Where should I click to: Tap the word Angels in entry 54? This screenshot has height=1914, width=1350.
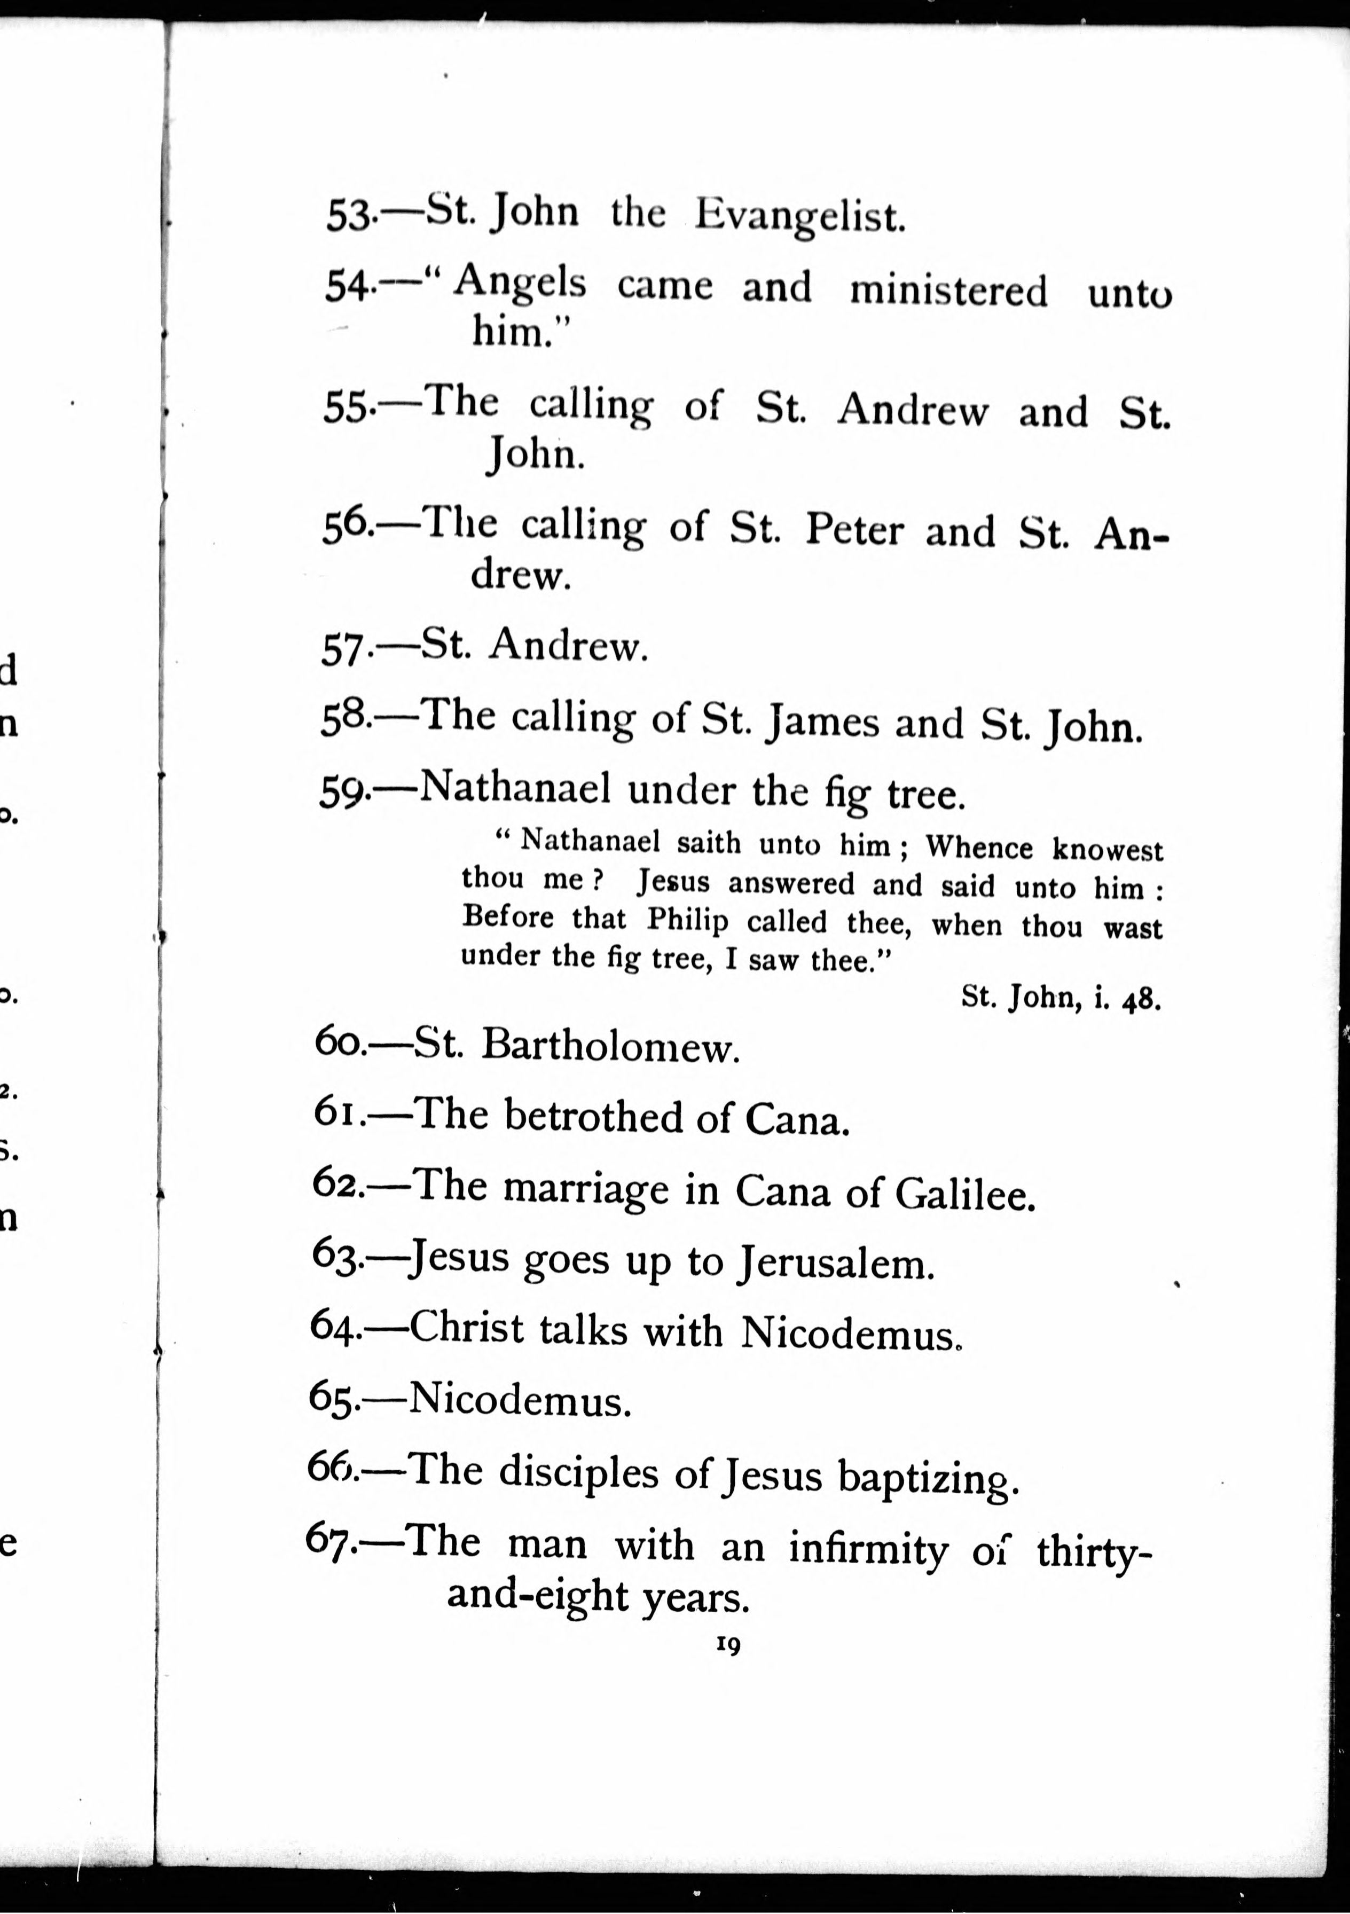click(520, 283)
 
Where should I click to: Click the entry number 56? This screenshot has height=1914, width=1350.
click(344, 528)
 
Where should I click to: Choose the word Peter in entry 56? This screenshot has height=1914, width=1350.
click(854, 531)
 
